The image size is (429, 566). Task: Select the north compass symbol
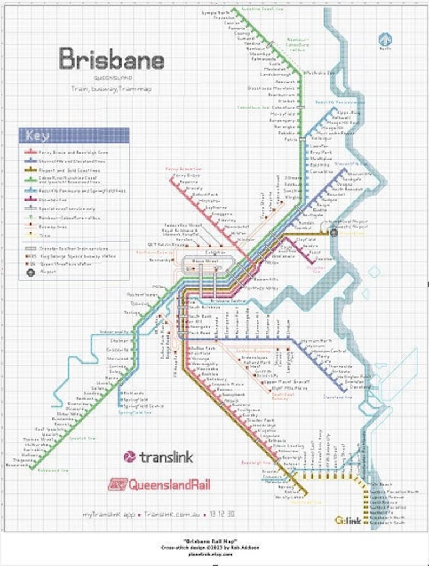[x=385, y=40]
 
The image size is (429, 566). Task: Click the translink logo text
[x=159, y=457]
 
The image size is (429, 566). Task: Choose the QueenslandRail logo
[x=159, y=484]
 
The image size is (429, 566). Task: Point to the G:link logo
[x=347, y=521]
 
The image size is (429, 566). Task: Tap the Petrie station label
[x=291, y=139]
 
